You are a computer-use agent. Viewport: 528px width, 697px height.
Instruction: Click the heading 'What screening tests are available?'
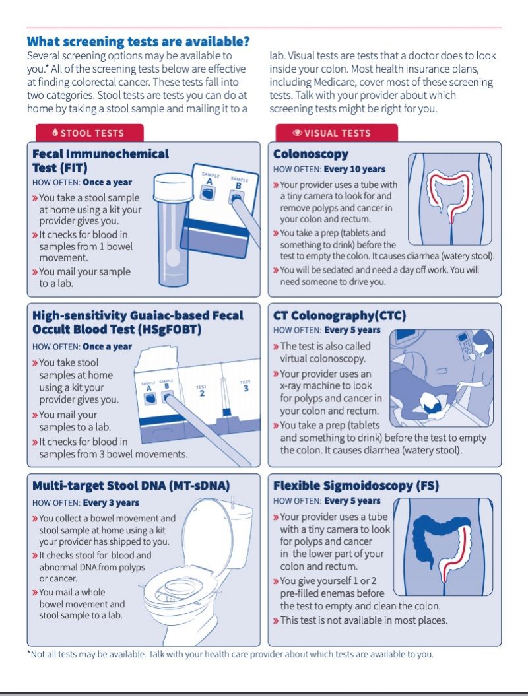tap(139, 42)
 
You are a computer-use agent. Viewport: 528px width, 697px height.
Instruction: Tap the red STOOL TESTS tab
tap(88, 133)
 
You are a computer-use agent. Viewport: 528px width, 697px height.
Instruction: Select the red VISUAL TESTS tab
tap(332, 133)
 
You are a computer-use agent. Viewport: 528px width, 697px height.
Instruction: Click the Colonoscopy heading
tap(311, 154)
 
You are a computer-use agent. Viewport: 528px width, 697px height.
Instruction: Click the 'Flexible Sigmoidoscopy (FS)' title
tap(356, 486)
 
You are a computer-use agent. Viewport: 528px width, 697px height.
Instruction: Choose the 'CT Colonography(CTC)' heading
tap(339, 315)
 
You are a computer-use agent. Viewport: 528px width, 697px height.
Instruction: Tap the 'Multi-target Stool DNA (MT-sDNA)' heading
tap(131, 486)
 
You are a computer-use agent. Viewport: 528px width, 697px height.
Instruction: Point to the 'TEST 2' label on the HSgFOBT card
tap(202, 391)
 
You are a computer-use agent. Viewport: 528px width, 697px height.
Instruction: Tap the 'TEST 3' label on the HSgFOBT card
tap(246, 386)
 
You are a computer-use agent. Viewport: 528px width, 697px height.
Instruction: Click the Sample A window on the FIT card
tap(209, 191)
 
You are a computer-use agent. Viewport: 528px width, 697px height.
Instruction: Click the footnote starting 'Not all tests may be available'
tap(230, 655)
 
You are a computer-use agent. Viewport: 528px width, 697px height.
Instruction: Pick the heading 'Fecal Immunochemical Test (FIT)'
tap(100, 161)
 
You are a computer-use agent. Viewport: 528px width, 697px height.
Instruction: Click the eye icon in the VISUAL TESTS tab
tap(297, 133)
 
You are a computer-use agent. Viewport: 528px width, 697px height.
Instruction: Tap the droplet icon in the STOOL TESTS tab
tap(55, 133)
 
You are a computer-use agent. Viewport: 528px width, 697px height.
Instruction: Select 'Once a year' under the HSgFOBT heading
tap(107, 347)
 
